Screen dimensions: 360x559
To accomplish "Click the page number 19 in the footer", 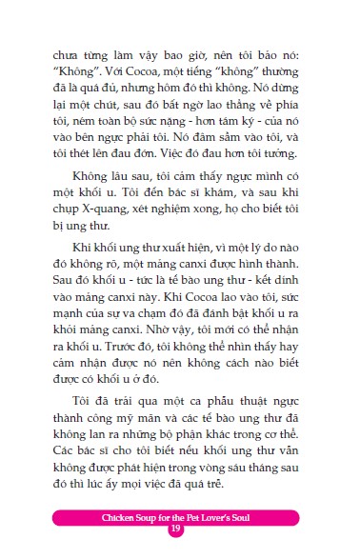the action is tap(175, 529).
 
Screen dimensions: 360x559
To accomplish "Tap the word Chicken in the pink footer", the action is tap(98, 515).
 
